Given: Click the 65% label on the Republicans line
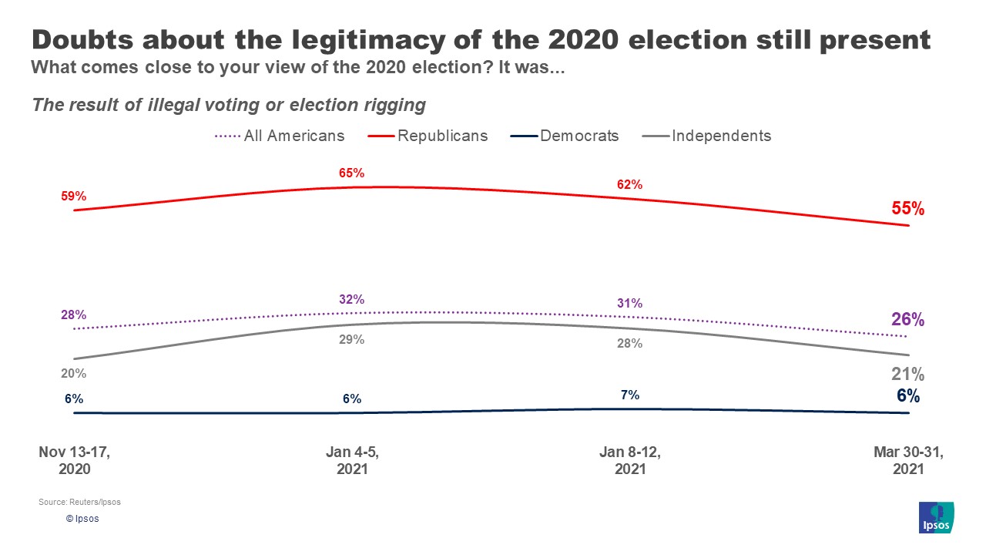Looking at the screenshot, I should (351, 173).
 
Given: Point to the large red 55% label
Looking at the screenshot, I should (907, 209).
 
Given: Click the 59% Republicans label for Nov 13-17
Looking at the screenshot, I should (73, 197).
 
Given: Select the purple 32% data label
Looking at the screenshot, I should (351, 299).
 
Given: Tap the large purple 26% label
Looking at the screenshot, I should (907, 320).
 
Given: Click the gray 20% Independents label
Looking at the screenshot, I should (73, 374).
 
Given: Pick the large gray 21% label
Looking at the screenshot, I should (907, 375).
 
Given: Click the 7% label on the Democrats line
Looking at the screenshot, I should (629, 395).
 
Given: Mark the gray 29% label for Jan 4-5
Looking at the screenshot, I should (351, 339).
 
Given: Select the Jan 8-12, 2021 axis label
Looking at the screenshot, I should (629, 461).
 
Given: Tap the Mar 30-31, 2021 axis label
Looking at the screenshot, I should (907, 461).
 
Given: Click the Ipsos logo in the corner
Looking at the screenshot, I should (937, 517).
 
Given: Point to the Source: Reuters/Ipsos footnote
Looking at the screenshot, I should (79, 503).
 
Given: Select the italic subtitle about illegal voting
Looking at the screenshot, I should (229, 104).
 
